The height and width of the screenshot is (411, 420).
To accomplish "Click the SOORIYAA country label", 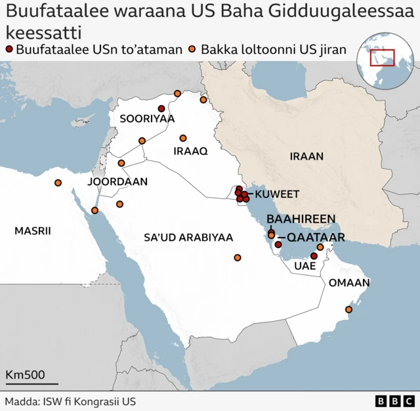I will point(147,119).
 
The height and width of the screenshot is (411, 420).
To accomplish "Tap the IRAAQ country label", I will point(190,151).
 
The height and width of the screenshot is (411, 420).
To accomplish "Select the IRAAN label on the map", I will point(306,156).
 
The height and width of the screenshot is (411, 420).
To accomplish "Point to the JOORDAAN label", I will point(117,181).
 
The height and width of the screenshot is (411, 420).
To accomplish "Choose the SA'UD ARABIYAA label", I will point(188,237).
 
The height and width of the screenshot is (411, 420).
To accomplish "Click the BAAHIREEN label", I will point(301,219).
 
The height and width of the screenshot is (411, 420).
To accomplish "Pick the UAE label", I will point(305,266).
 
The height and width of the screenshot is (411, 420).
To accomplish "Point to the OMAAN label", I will point(349,283).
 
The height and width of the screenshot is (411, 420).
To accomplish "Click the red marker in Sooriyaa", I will point(161,108).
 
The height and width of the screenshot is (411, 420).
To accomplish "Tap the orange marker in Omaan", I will point(348,309).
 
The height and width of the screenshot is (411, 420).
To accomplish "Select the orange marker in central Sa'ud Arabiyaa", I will point(238,257).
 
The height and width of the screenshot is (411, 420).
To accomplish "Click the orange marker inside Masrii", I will point(58,183).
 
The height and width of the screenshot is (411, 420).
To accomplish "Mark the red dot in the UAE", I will point(314,256).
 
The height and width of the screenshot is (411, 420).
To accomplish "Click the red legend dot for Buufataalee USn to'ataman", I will point(9,49).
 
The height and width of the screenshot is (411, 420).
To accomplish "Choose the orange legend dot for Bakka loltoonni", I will point(192,49).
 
